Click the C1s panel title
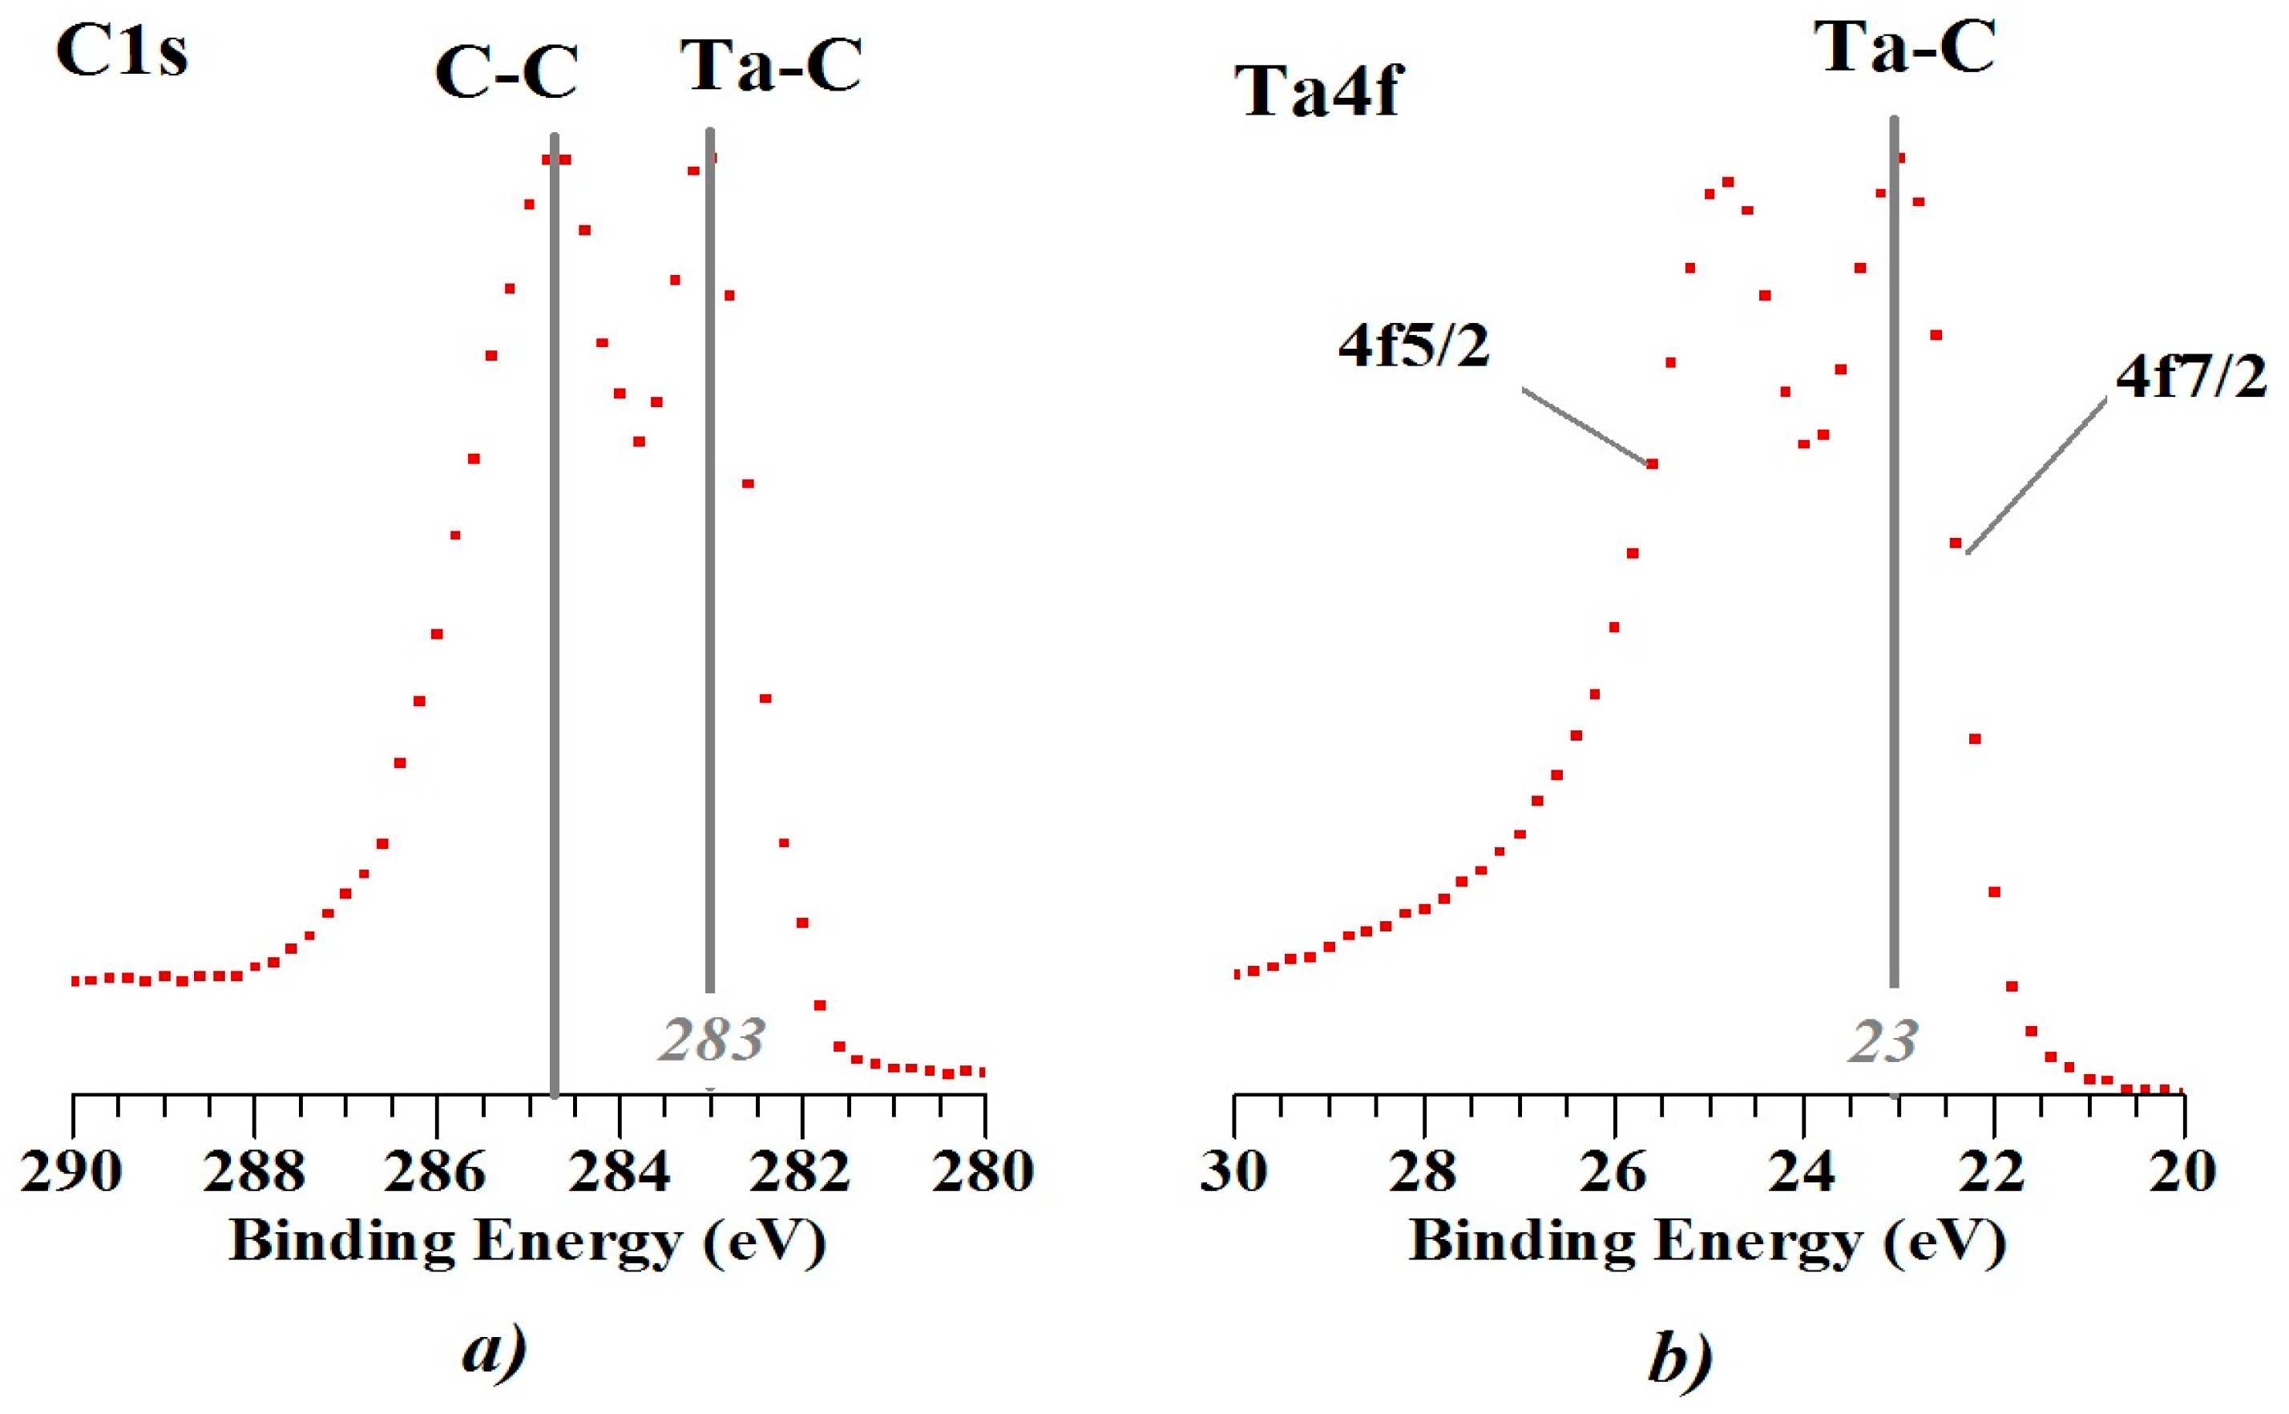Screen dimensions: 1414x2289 coord(122,51)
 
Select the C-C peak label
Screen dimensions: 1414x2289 coord(506,72)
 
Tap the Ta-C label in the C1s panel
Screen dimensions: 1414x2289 coord(769,66)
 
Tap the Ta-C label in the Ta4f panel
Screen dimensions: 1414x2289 coord(1903,46)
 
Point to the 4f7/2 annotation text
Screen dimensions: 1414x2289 coord(2192,378)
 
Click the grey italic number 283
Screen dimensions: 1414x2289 coord(712,1040)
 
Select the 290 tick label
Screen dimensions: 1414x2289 coord(71,1171)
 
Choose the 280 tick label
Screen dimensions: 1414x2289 coord(983,1171)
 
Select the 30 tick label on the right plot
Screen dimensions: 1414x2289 coord(1233,1171)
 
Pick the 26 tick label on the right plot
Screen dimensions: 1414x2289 coord(1614,1171)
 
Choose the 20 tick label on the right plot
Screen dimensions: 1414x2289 coord(2182,1171)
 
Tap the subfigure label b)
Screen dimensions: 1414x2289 coord(1680,1358)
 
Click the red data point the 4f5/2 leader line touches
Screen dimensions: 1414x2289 coord(1651,464)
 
